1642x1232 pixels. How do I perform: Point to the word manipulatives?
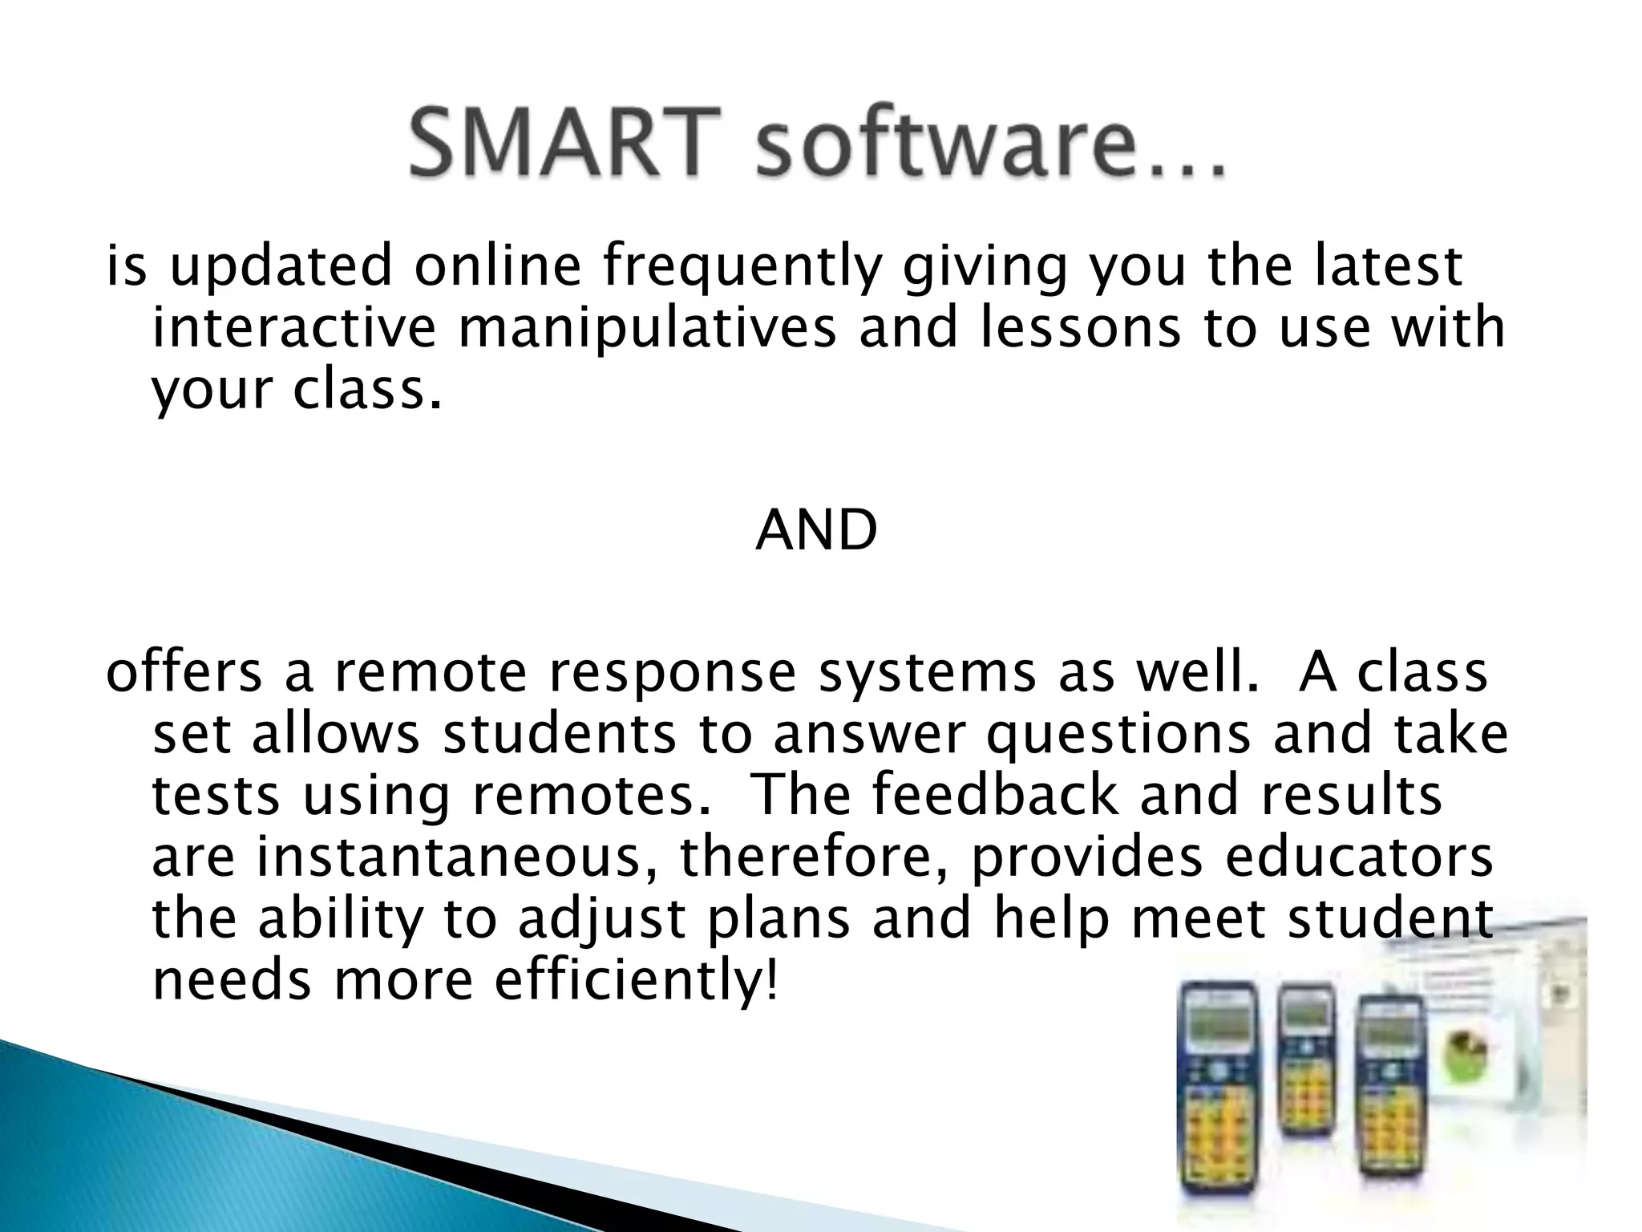pyautogui.click(x=647, y=328)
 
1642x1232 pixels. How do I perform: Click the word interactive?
pyautogui.click(x=294, y=328)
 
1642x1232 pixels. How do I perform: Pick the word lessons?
pyautogui.click(x=1080, y=328)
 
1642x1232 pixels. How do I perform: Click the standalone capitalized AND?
pyautogui.click(x=816, y=531)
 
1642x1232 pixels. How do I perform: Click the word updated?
pyautogui.click(x=281, y=267)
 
